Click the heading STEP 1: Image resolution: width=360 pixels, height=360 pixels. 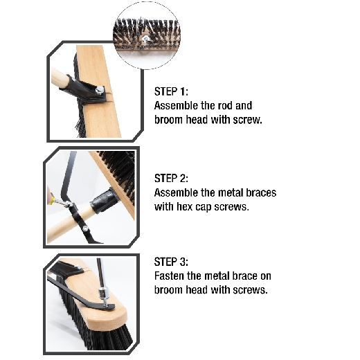click(171, 91)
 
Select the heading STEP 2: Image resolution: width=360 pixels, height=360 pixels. click(171, 179)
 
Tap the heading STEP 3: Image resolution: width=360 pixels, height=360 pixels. click(171, 262)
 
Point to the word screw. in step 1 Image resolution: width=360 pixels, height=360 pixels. click(247, 120)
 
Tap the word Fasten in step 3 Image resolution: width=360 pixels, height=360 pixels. click(169, 276)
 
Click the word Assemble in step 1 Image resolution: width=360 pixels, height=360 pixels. click(176, 106)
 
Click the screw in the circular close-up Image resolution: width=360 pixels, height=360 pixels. click(145, 39)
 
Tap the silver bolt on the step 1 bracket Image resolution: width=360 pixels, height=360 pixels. click(100, 89)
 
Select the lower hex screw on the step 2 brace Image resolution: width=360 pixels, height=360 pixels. click(85, 228)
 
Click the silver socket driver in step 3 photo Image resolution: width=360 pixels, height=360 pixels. click(102, 293)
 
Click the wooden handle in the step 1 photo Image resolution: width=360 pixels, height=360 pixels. click(59, 79)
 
